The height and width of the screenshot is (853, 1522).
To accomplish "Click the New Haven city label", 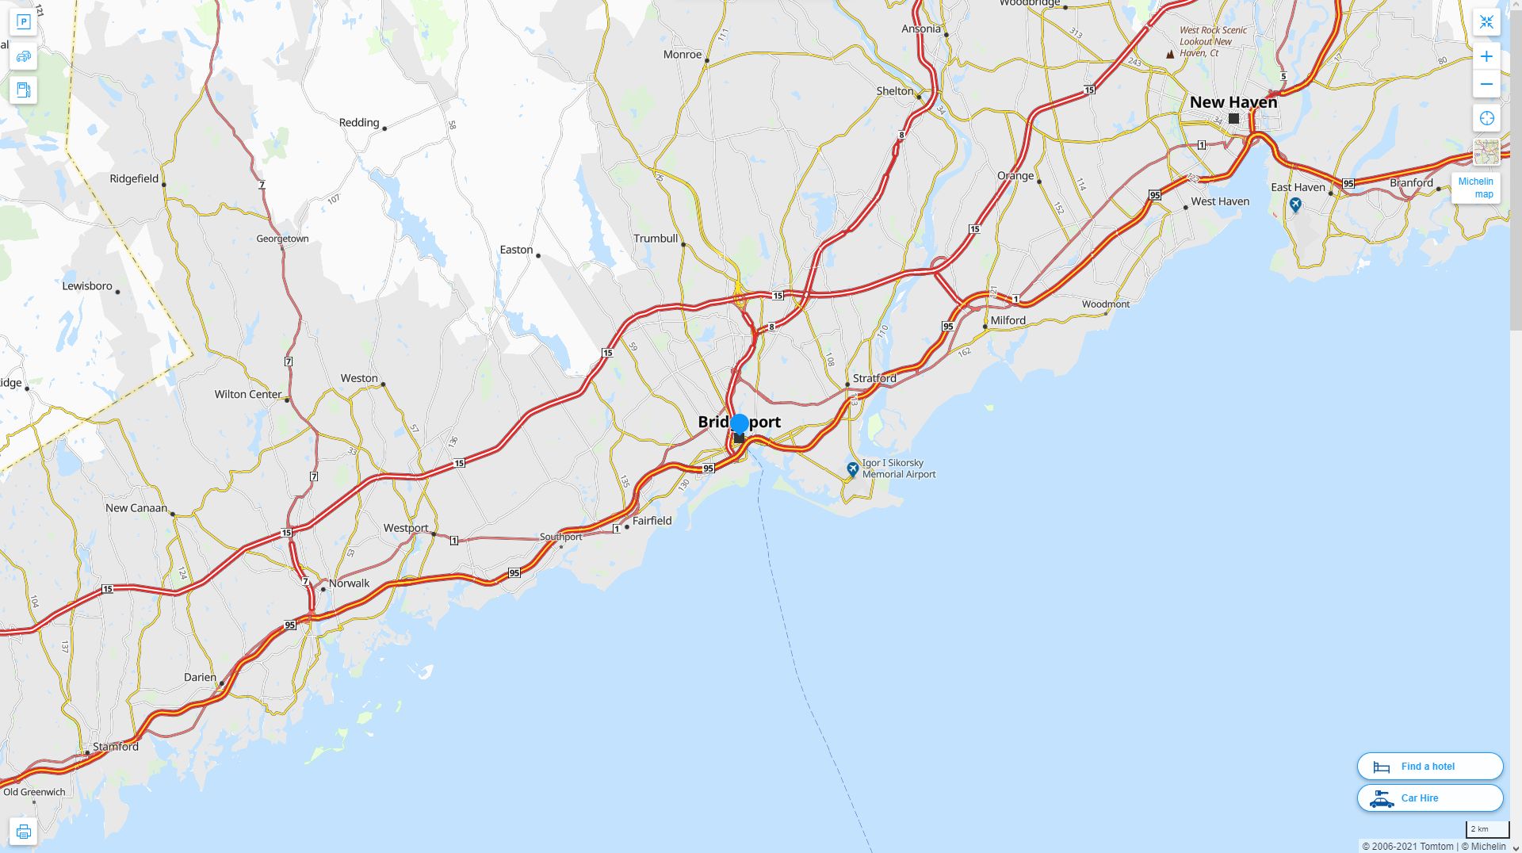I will (x=1233, y=102).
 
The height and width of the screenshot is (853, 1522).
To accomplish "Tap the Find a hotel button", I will (x=1429, y=767).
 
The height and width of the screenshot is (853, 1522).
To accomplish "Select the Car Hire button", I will (x=1429, y=798).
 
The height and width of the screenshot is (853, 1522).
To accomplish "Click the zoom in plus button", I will (x=1486, y=56).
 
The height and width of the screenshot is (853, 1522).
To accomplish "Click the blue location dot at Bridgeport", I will (x=740, y=423).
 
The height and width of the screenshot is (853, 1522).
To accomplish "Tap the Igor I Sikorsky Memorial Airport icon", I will (x=852, y=469).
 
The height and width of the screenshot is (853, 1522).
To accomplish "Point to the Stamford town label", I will (x=116, y=747).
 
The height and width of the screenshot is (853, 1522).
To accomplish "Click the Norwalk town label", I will (x=349, y=583).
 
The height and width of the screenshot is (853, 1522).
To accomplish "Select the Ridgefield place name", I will (x=134, y=179).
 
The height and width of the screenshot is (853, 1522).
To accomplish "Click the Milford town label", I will (x=1008, y=321).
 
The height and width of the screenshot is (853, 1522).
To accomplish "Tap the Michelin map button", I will (x=1475, y=188).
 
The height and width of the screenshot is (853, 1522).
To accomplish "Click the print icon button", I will (x=23, y=832).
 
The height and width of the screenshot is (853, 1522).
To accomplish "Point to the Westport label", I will (x=406, y=529).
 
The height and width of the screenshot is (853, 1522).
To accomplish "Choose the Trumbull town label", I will (x=656, y=239).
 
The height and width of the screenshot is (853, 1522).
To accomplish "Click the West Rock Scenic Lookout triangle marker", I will (x=1170, y=55).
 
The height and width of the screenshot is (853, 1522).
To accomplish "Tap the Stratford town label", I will (x=874, y=379).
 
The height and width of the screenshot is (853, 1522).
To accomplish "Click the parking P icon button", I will (x=23, y=22).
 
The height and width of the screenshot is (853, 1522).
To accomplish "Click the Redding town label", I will (x=359, y=123).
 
